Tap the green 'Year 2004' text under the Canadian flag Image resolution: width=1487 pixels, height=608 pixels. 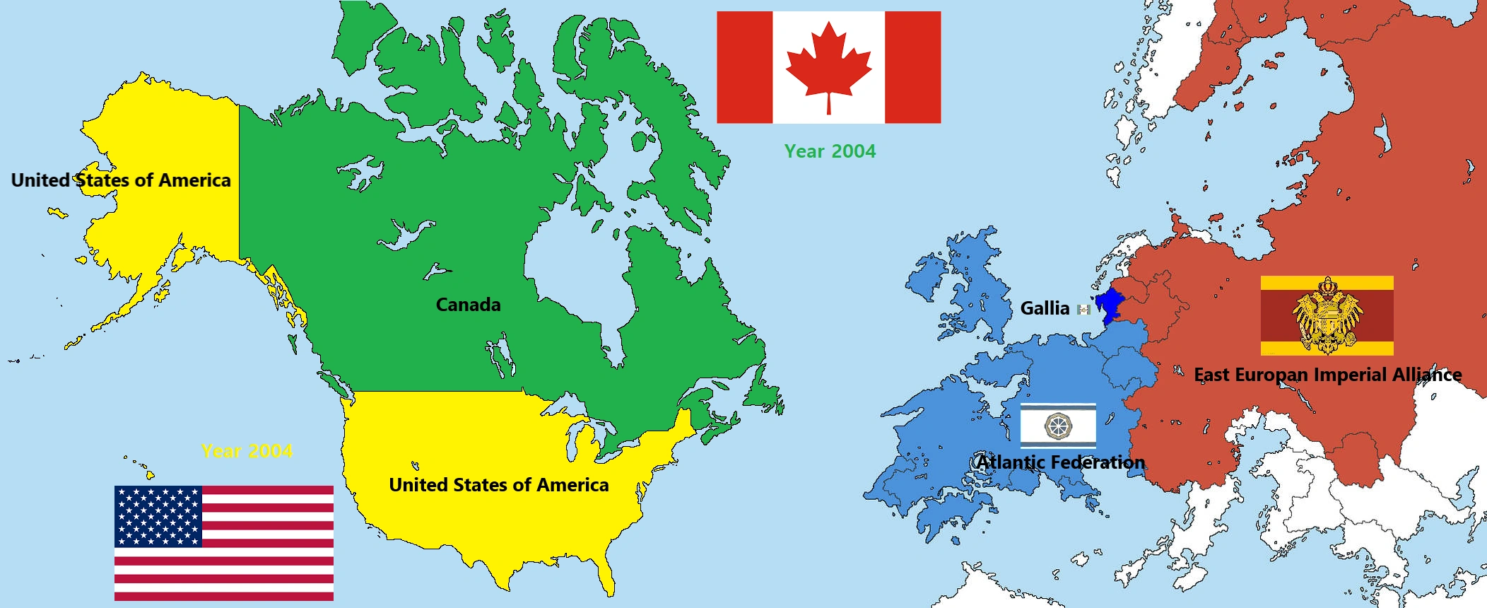830,151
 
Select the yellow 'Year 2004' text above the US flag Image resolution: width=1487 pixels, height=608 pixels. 247,451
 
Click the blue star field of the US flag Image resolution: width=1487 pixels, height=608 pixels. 158,516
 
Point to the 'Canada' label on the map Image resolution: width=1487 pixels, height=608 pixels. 468,305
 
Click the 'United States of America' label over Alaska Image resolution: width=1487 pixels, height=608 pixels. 121,180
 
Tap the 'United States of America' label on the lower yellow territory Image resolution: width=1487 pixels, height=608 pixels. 498,485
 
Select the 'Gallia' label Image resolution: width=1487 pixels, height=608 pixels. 1045,308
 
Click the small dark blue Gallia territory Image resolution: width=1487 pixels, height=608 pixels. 1110,305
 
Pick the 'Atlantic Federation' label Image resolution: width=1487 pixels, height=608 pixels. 1060,462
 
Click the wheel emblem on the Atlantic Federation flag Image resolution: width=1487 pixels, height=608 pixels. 1058,426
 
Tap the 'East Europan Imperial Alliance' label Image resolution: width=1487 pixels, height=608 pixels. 1327,375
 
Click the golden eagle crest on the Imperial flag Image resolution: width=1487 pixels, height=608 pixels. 1327,316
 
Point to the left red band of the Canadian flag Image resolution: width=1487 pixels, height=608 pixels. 744,67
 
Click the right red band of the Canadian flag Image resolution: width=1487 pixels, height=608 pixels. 912,67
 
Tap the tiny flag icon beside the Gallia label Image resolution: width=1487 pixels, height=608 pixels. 1083,309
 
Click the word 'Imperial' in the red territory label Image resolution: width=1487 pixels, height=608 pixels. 1351,375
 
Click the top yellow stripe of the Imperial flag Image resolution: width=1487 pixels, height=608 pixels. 1327,283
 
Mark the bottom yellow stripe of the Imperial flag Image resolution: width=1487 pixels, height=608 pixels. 1327,348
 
